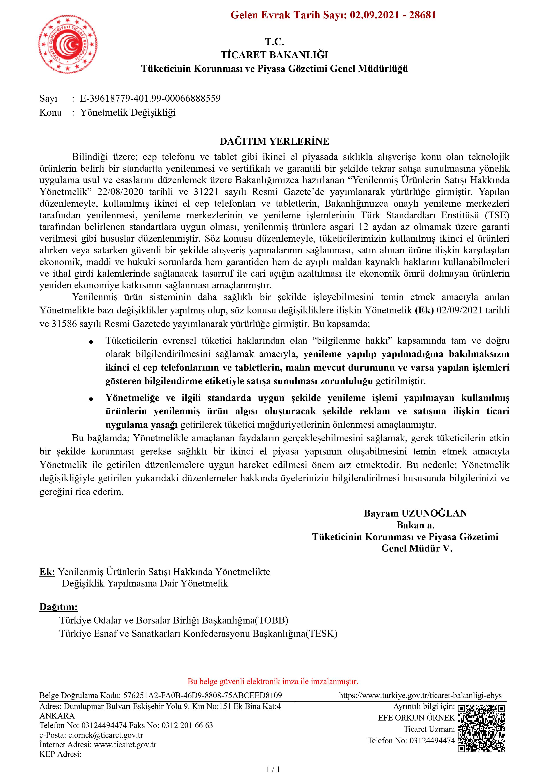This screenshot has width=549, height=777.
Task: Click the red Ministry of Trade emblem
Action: tap(68, 44)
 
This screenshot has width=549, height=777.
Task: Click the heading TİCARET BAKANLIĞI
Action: tap(274, 55)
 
